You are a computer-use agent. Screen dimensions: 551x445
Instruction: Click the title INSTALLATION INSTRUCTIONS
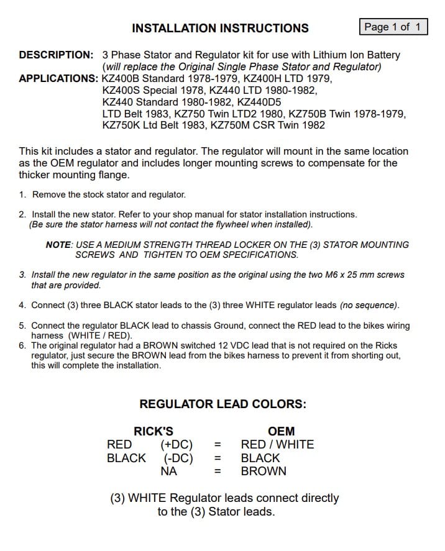[x=220, y=28]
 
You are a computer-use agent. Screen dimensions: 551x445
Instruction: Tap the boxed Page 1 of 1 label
[x=393, y=27]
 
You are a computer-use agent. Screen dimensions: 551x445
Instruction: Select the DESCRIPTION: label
[x=56, y=55]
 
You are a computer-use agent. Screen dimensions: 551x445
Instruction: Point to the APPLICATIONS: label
[x=58, y=78]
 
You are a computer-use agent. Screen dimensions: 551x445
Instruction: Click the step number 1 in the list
[x=22, y=194]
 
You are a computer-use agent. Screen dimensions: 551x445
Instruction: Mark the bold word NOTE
[x=59, y=245]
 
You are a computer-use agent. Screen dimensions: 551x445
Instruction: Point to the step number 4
[x=22, y=305]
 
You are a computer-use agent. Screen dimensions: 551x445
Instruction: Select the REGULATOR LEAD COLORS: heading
[x=222, y=404]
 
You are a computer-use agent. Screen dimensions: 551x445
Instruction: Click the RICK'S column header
[x=154, y=431]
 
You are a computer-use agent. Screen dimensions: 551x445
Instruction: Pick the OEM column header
[x=281, y=431]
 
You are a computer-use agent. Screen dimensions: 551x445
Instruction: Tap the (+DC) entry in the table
[x=177, y=445]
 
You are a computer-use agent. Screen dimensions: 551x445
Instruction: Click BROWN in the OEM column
[x=264, y=471]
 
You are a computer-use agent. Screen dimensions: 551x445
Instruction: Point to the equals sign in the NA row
[x=218, y=471]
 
